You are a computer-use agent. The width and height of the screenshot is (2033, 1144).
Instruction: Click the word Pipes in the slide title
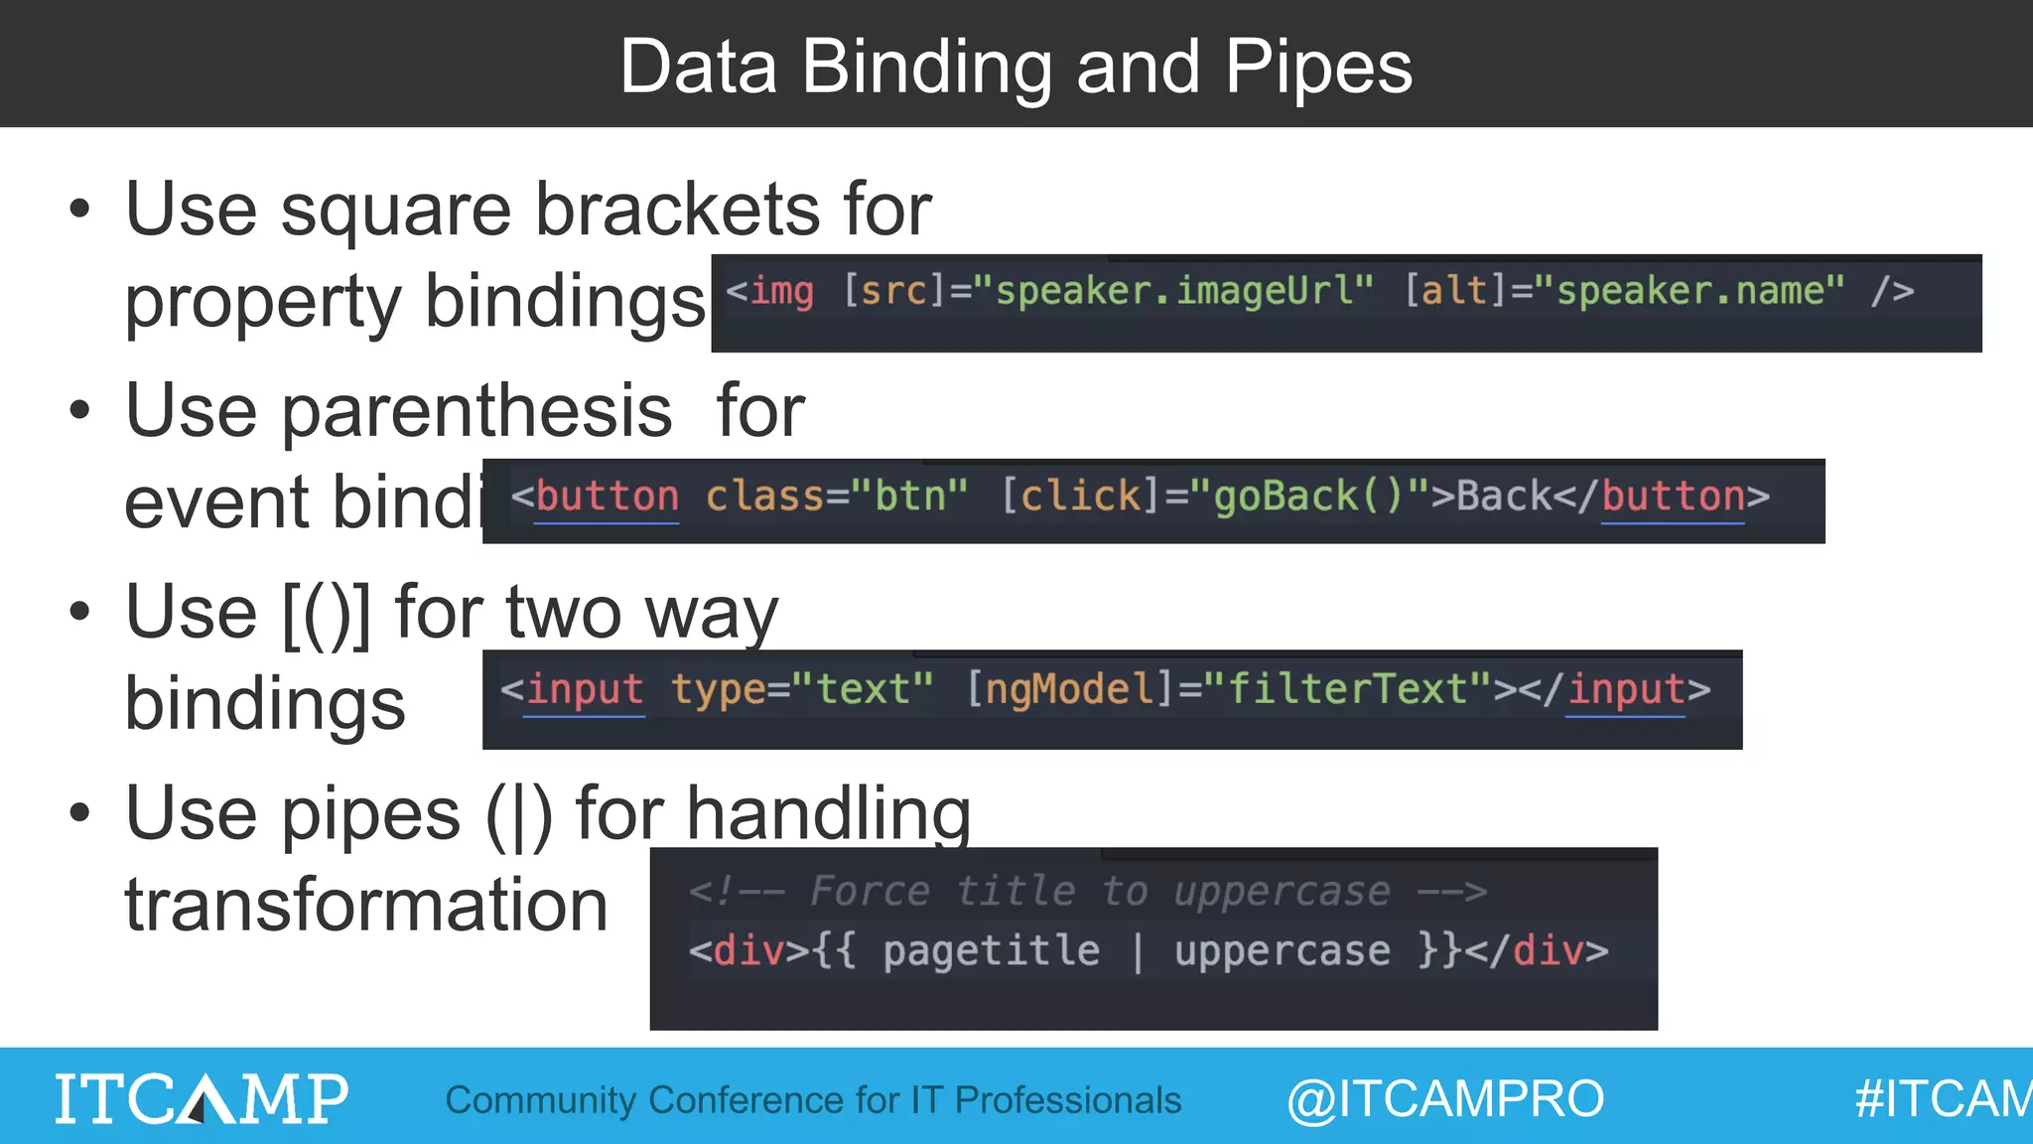click(x=1318, y=68)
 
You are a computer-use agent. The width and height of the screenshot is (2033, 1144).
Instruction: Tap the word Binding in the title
click(x=926, y=68)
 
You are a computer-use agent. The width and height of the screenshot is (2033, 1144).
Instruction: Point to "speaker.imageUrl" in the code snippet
click(x=1174, y=291)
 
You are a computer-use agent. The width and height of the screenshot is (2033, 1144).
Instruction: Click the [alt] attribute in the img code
click(x=1454, y=291)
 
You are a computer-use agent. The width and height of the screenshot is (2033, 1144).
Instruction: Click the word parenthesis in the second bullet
click(x=477, y=411)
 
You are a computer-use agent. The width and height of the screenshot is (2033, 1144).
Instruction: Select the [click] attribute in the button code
click(x=1071, y=496)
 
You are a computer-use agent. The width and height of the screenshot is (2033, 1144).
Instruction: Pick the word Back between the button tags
click(x=1503, y=496)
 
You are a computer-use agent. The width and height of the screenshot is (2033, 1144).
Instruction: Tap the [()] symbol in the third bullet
click(x=327, y=614)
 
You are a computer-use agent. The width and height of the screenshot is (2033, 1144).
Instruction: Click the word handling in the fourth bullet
click(x=828, y=814)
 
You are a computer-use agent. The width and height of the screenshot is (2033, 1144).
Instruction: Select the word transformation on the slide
click(x=366, y=906)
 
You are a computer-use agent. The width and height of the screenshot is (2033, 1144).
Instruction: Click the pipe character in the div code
click(x=1138, y=951)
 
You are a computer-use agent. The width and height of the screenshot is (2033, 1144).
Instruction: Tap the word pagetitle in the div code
click(x=991, y=951)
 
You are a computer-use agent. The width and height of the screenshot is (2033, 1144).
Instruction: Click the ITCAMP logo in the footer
click(x=202, y=1098)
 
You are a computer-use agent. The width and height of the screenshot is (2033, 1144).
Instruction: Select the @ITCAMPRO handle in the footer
click(x=1445, y=1099)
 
